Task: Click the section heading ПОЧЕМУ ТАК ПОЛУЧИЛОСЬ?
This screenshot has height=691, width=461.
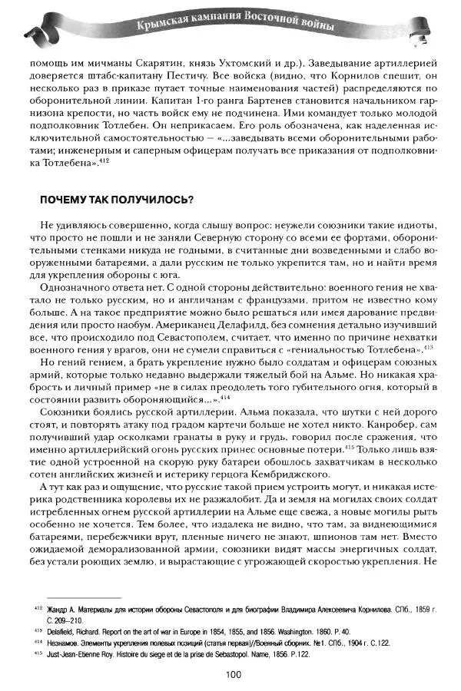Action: (x=116, y=199)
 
